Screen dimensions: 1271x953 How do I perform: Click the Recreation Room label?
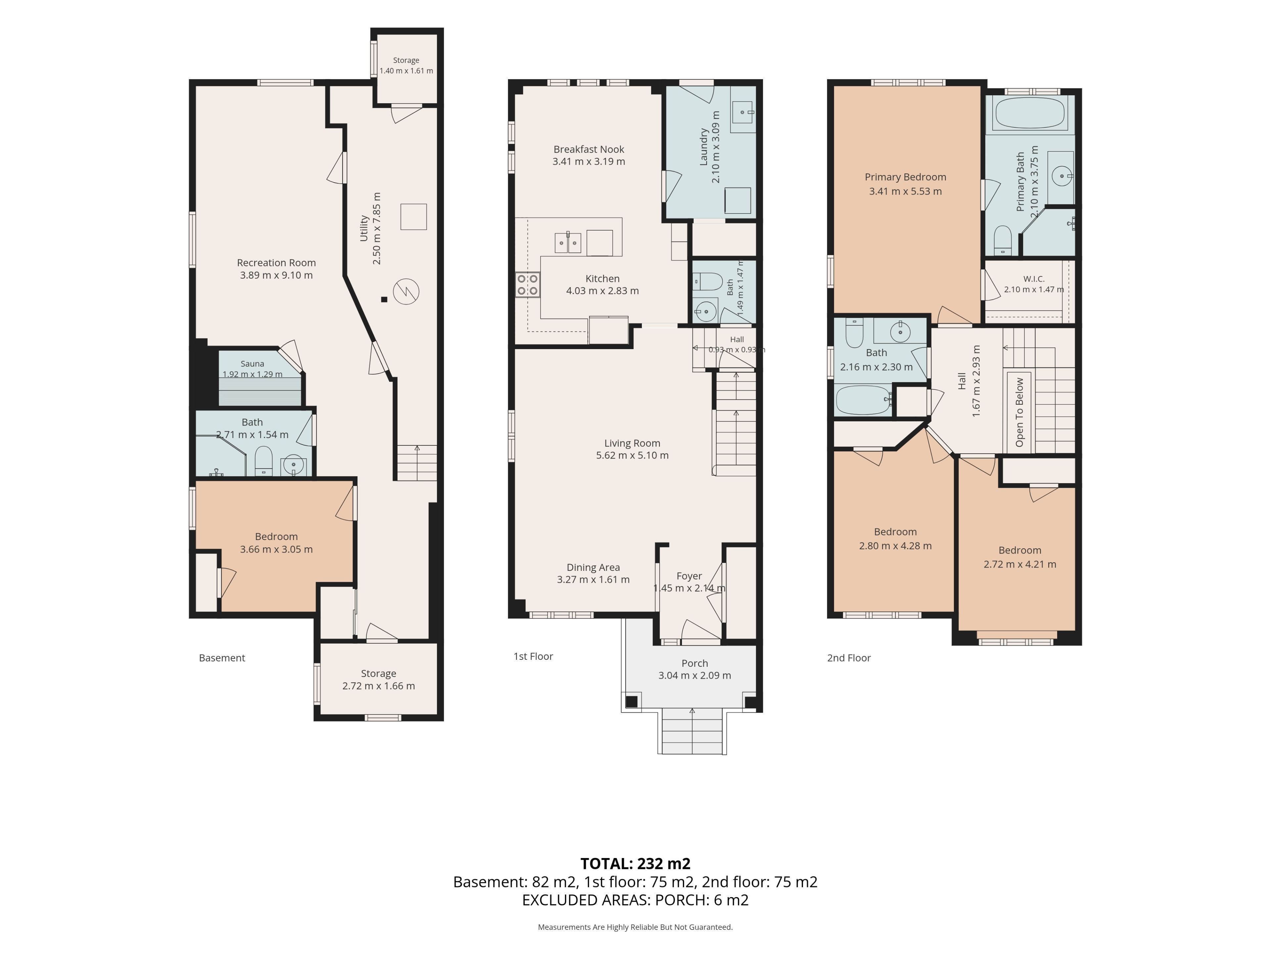pyautogui.click(x=276, y=262)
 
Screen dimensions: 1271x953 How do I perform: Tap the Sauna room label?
pyautogui.click(x=252, y=364)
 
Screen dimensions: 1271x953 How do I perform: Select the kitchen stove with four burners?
pyautogui.click(x=528, y=284)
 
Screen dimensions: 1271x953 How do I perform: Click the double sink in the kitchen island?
pyautogui.click(x=568, y=243)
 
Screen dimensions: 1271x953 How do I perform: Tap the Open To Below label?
pyautogui.click(x=1020, y=412)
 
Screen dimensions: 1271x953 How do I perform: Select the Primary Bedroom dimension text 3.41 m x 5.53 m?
pyautogui.click(x=906, y=191)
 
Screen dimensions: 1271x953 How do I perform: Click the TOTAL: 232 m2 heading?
pyautogui.click(x=635, y=863)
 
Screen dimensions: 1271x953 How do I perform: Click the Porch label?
pyautogui.click(x=695, y=663)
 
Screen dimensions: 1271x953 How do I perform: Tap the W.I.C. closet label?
pyautogui.click(x=1034, y=279)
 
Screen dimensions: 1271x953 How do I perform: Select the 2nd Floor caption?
pyautogui.click(x=849, y=658)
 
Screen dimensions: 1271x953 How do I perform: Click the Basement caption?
pyautogui.click(x=222, y=658)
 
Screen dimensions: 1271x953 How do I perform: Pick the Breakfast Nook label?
pyautogui.click(x=589, y=149)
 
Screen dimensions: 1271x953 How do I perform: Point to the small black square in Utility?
pyautogui.click(x=384, y=299)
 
